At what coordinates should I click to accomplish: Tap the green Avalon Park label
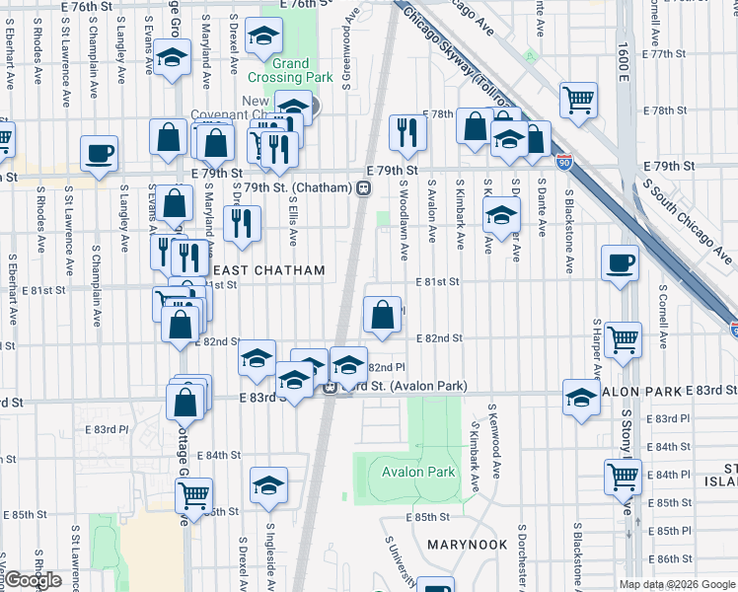pyautogui.click(x=418, y=472)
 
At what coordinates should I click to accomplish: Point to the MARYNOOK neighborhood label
pyautogui.click(x=467, y=545)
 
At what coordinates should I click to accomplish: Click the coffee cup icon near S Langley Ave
pyautogui.click(x=99, y=155)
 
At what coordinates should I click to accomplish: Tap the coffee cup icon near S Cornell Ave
pyautogui.click(x=620, y=263)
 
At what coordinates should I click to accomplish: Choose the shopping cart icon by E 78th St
pyautogui.click(x=578, y=99)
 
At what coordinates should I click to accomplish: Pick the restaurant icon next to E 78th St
pyautogui.click(x=406, y=130)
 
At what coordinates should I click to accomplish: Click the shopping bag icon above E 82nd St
pyautogui.click(x=382, y=315)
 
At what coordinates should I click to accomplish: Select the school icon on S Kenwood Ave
pyautogui.click(x=501, y=214)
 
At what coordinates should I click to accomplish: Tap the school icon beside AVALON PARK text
pyautogui.click(x=582, y=398)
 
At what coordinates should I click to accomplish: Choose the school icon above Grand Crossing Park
pyautogui.click(x=263, y=37)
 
